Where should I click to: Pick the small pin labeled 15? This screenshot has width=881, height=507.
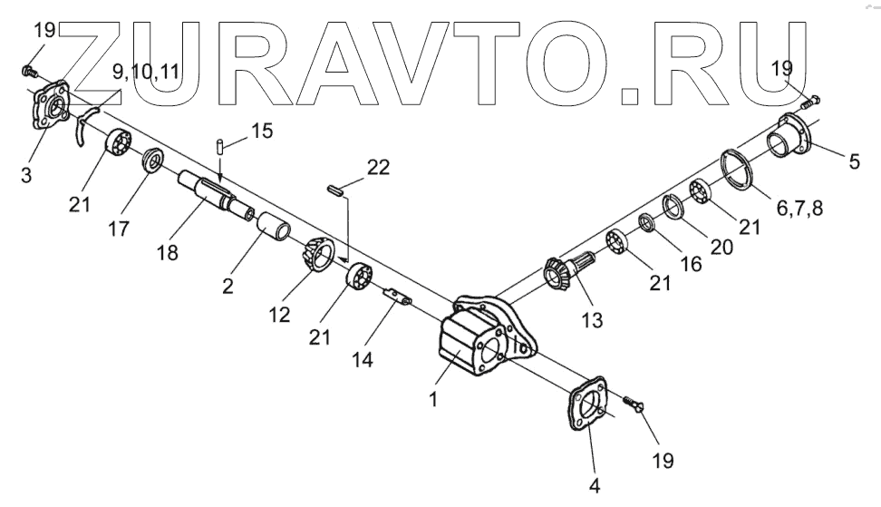click(219, 146)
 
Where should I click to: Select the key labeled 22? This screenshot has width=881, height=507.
click(333, 190)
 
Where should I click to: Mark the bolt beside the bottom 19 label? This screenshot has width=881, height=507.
click(635, 404)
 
